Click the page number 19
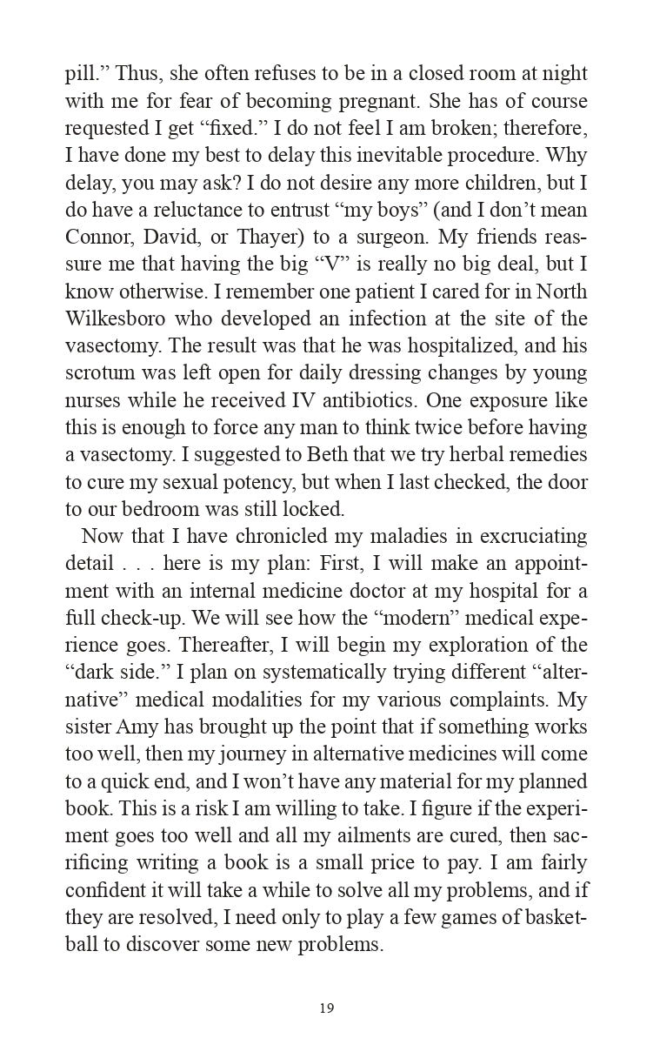[x=326, y=1008]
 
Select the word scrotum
[x=99, y=373]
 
